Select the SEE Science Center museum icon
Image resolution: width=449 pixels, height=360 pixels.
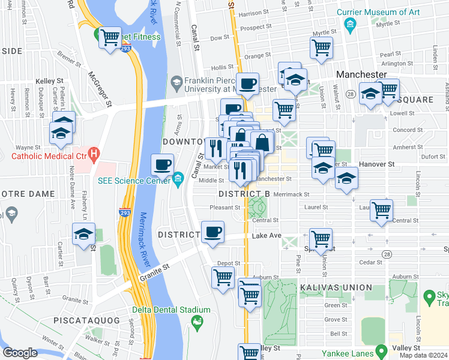178,179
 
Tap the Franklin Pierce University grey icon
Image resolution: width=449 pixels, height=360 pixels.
176,82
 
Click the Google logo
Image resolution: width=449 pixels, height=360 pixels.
20,353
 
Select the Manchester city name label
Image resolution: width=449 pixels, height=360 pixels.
361,74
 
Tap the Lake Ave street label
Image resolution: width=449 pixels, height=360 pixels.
267,236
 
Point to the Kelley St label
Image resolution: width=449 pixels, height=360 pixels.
49,80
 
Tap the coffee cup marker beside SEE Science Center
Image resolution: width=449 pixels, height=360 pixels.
162,164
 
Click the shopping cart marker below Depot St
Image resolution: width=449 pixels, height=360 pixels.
223,277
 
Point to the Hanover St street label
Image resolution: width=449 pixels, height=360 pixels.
376,164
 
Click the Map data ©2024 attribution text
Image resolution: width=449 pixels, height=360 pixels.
423,355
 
